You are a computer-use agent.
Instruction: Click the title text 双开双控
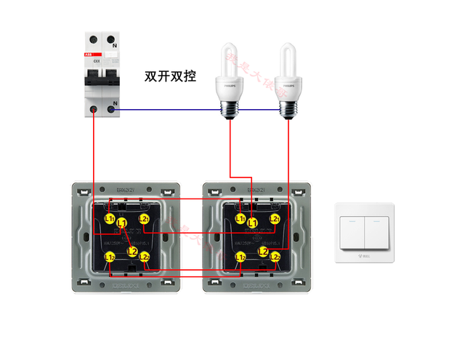[x=171, y=76]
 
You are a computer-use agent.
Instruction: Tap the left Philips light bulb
[x=230, y=79]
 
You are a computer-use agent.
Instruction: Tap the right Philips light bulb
[x=289, y=79]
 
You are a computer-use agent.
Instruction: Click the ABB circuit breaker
[x=102, y=73]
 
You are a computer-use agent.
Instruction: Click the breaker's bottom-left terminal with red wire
[x=94, y=110]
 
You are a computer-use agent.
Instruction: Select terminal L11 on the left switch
[x=109, y=218]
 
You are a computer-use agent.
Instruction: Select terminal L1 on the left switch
[x=122, y=223]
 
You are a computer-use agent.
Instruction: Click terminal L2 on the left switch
[x=132, y=252]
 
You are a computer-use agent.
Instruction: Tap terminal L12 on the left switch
[x=109, y=256]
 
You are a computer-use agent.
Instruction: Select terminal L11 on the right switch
[x=240, y=218]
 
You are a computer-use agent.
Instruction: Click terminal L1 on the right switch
[x=252, y=223]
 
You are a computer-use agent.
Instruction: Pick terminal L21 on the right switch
[x=275, y=218]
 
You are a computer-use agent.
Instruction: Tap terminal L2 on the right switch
[x=263, y=252]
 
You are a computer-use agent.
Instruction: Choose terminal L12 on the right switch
[x=240, y=256]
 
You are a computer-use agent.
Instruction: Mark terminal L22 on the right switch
[x=275, y=256]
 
